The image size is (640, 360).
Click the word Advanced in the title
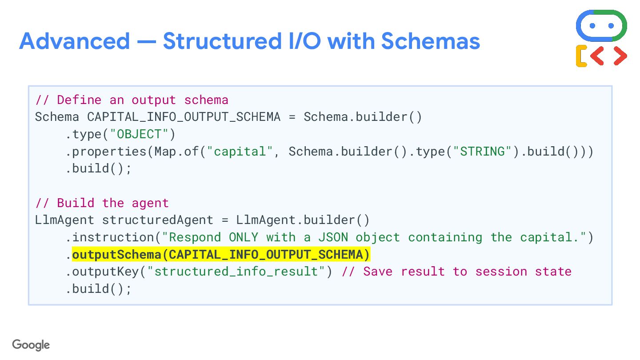(74, 41)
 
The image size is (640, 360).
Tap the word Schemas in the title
(430, 41)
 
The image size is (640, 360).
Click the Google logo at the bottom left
(31, 345)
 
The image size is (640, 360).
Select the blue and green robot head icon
(601, 25)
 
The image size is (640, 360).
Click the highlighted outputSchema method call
(221, 255)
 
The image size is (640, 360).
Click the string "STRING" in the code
(482, 152)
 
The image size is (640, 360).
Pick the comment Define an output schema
(132, 100)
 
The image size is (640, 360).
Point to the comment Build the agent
(102, 203)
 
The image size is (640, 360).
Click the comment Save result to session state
(456, 272)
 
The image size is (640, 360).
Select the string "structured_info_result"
(236, 272)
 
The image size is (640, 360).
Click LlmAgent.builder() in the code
(303, 220)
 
